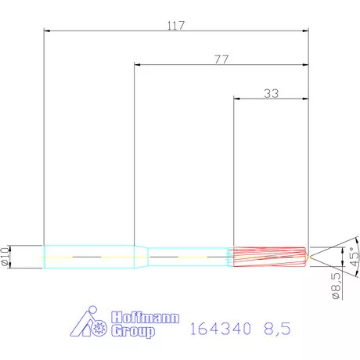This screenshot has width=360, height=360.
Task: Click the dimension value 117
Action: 175,25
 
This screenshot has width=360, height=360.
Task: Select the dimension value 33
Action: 272,93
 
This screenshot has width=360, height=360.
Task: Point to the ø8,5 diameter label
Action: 336,286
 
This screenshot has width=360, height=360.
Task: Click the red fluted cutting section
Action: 270,256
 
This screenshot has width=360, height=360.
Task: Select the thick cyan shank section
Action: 90,256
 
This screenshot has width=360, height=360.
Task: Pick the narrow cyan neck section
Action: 188,256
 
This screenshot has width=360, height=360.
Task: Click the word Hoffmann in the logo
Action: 146,319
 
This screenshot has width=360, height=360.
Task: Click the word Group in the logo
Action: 132,331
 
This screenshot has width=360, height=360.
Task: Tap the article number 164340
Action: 220,330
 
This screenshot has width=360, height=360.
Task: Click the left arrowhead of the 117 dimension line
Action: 47,31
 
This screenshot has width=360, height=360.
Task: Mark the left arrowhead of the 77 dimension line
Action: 139,65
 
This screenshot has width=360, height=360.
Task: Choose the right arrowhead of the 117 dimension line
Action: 305,31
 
